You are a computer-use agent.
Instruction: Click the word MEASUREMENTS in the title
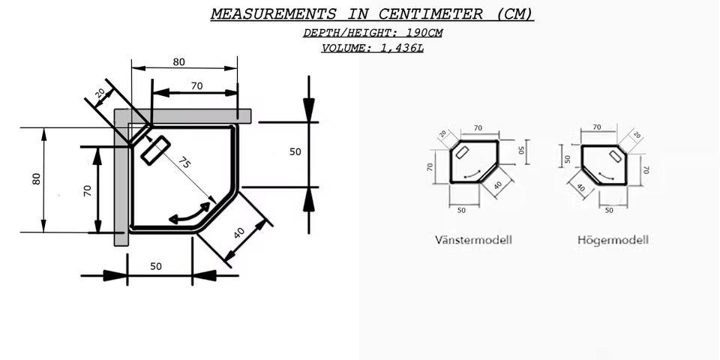(273, 13)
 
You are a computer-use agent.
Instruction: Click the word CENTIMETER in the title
(430, 13)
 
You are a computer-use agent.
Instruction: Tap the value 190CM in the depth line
(424, 33)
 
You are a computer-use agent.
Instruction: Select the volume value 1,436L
(402, 48)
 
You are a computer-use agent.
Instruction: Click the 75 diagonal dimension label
(184, 163)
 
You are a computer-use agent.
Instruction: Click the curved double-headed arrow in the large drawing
(189, 214)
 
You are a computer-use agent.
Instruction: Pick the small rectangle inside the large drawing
(155, 151)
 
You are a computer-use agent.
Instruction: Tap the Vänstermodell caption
(473, 240)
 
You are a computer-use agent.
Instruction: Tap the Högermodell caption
(613, 240)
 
